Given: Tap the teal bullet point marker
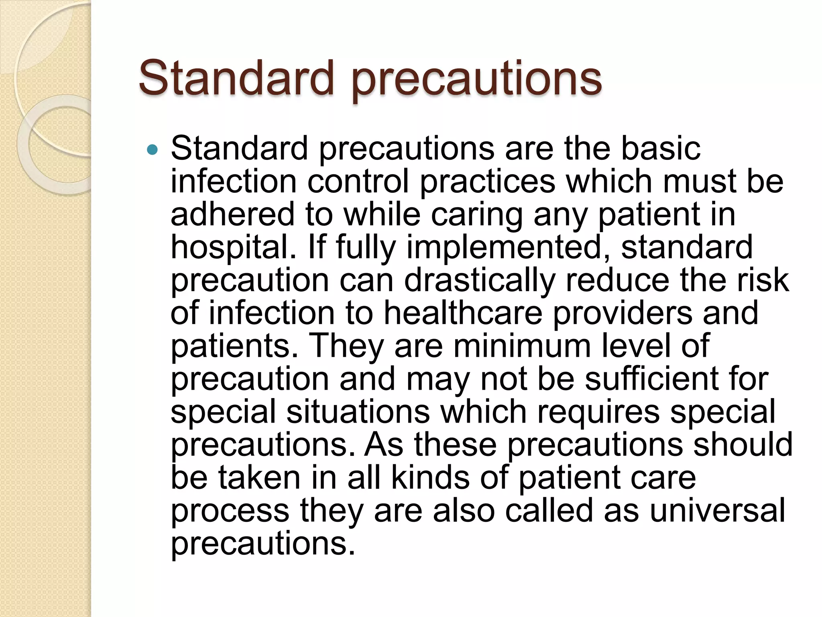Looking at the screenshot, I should [153, 150].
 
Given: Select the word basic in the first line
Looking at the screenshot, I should [661, 148].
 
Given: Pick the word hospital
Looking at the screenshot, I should [234, 248].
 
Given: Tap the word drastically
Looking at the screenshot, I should [480, 280].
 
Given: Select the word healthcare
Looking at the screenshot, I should [463, 313].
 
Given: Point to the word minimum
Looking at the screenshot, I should [522, 346].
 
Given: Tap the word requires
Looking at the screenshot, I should [598, 413].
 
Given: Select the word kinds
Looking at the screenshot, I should [430, 478].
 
